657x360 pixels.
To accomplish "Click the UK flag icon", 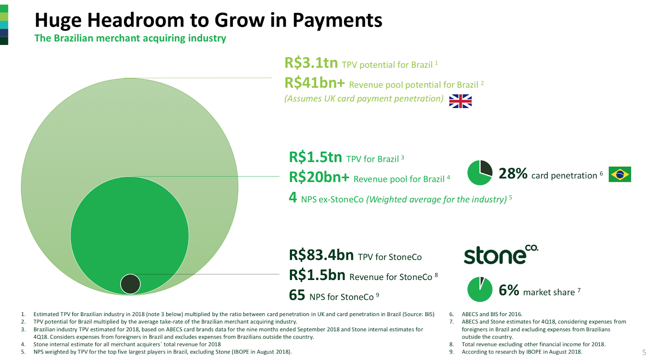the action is pyautogui.click(x=460, y=101).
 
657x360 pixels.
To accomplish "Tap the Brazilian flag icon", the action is pyautogui.click(x=620, y=174).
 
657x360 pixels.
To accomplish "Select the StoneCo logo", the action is pyautogui.click(x=501, y=255).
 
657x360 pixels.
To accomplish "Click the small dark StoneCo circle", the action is pyautogui.click(x=131, y=284).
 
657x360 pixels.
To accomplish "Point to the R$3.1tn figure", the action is pyautogui.click(x=311, y=63).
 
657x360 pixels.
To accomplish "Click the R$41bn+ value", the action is pyautogui.click(x=315, y=83).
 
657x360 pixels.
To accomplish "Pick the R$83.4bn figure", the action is pyautogui.click(x=322, y=255).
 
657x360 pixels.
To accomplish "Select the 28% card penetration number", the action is pyautogui.click(x=513, y=174).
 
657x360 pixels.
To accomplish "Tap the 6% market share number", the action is pyautogui.click(x=509, y=290).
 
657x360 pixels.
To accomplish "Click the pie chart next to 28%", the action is pyautogui.click(x=480, y=173).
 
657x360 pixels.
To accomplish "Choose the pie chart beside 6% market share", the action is pyautogui.click(x=480, y=289).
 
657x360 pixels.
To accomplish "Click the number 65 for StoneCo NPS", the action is pyautogui.click(x=297, y=295).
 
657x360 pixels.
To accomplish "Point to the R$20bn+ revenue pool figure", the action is pyautogui.click(x=319, y=177).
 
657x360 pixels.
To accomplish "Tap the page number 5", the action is pyautogui.click(x=644, y=352).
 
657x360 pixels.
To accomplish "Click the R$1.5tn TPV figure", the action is pyautogui.click(x=316, y=157).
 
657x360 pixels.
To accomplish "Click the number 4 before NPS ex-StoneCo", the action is pyautogui.click(x=293, y=197).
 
